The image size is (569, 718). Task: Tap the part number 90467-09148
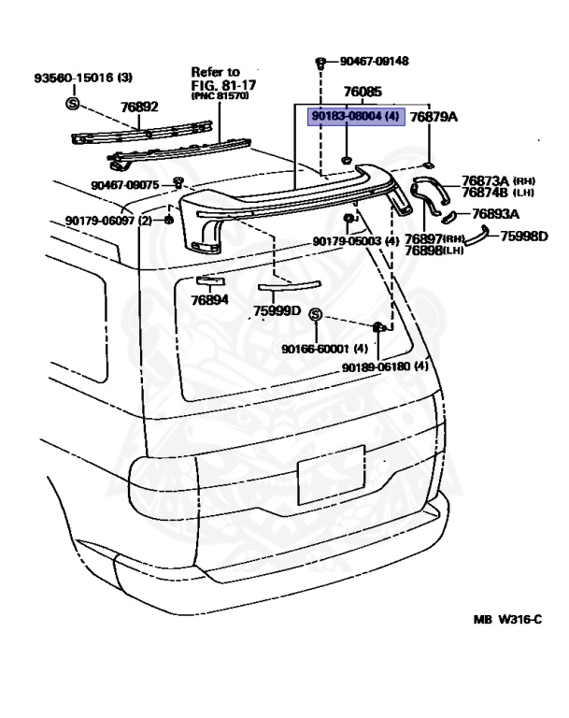point(374,63)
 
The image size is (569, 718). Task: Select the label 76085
point(363,93)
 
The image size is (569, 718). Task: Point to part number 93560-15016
point(70,78)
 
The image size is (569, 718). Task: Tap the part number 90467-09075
point(125,185)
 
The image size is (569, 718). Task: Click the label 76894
point(209,301)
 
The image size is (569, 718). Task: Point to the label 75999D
point(276,310)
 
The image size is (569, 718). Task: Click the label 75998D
point(523,236)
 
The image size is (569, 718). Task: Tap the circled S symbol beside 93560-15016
point(72,101)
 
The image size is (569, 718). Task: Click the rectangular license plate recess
point(331,474)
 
